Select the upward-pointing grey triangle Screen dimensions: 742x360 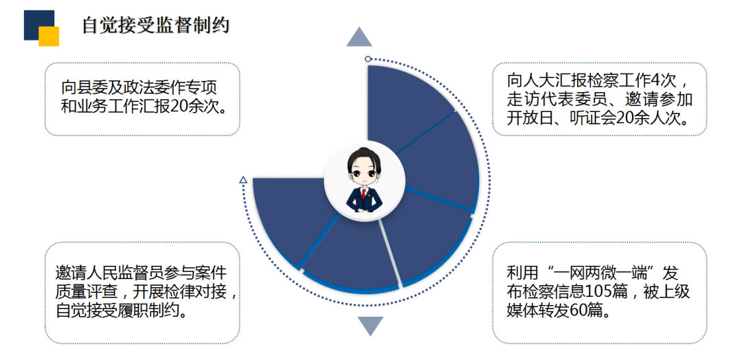[x=359, y=38]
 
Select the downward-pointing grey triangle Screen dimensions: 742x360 [x=370, y=326]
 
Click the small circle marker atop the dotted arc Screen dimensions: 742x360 [x=368, y=59]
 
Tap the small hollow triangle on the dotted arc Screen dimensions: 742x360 [x=243, y=180]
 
